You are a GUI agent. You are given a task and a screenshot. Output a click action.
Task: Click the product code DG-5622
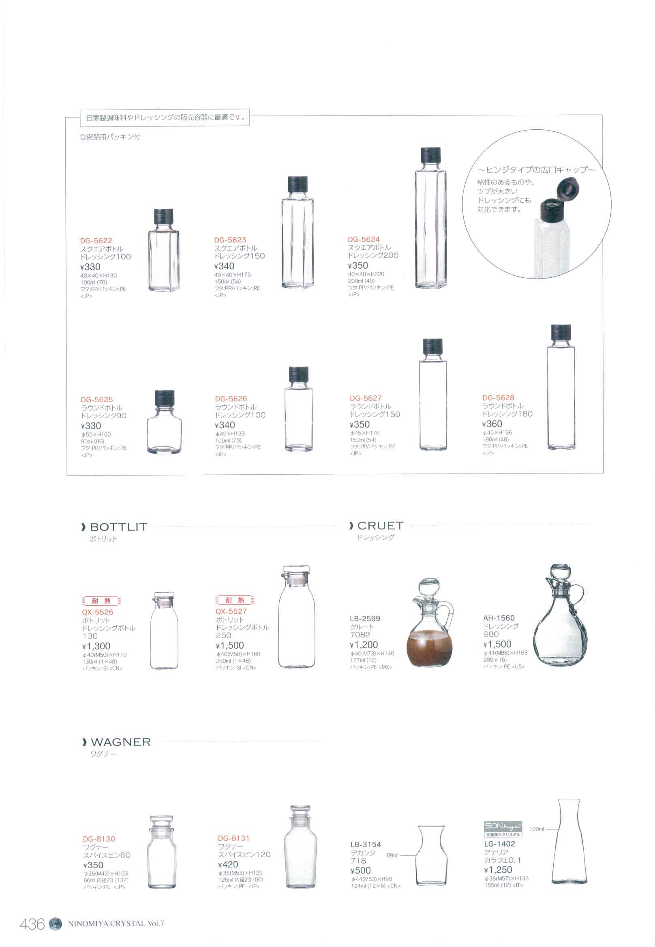tap(96, 241)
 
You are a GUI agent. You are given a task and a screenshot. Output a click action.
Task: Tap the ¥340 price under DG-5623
tap(225, 266)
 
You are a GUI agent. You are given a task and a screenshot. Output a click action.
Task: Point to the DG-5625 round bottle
tap(164, 422)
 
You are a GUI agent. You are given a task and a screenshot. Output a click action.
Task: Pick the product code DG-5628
tap(498, 398)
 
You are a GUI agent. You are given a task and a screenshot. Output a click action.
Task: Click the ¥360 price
tap(492, 424)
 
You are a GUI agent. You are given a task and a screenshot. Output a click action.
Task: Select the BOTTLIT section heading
tap(118, 527)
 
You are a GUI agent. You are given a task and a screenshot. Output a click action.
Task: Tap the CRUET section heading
tap(381, 526)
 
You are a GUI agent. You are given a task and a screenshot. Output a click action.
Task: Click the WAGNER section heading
tap(121, 742)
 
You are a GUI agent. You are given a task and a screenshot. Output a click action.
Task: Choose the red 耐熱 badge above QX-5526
tap(101, 601)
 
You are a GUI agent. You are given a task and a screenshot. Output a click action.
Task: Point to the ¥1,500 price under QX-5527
tap(230, 646)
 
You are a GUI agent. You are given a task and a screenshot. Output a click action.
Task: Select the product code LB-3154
tap(366, 844)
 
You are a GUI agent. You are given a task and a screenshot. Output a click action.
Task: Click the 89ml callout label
tap(392, 855)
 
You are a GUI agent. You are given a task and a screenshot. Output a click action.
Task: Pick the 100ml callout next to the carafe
tap(536, 829)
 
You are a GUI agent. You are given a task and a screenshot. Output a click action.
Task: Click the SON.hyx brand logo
tap(503, 826)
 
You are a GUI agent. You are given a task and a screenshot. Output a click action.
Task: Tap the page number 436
tap(32, 924)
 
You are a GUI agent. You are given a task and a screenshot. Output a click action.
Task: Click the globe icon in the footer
tap(55, 924)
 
